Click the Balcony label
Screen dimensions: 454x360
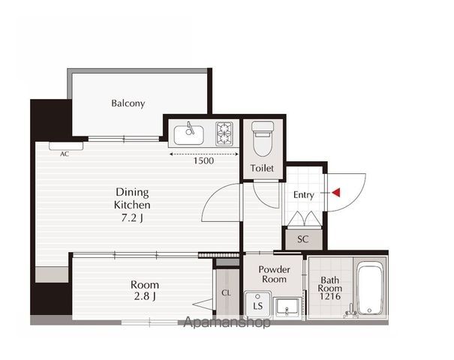[x=128, y=103]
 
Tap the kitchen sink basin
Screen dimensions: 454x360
[x=189, y=135]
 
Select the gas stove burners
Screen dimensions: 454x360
[x=224, y=133]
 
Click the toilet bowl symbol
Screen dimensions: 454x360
[x=263, y=139]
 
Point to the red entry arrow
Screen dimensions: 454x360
[x=336, y=193]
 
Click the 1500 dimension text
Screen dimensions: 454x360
[x=203, y=160]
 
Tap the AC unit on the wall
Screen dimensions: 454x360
[x=66, y=145]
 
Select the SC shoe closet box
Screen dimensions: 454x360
[x=303, y=239]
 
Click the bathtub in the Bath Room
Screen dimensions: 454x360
[x=369, y=289]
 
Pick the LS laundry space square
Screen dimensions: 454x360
[x=257, y=304]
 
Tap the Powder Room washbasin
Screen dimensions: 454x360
[x=287, y=308]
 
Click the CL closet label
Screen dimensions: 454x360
[x=226, y=292]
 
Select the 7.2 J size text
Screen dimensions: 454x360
[x=132, y=217]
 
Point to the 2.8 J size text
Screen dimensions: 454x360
[x=145, y=296]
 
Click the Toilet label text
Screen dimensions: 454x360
[x=262, y=168]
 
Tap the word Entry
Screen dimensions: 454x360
[x=303, y=195]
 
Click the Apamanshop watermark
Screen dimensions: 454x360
[x=227, y=322]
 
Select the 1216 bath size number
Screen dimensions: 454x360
[x=330, y=296]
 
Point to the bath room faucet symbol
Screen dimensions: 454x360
[x=350, y=312]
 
